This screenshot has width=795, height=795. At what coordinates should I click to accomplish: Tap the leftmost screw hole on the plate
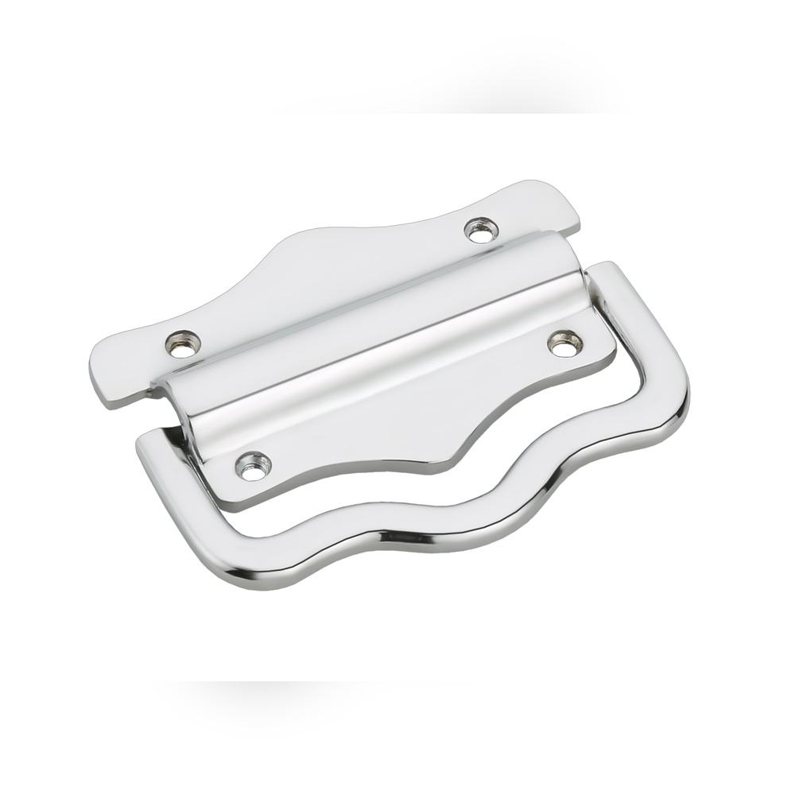183,343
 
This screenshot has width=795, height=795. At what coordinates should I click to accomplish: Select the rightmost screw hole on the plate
564,344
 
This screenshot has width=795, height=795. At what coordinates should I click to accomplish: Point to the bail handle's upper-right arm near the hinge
612,278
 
